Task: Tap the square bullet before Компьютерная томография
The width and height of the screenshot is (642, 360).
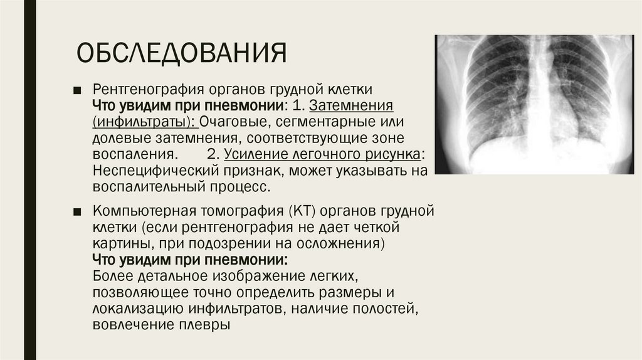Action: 76,210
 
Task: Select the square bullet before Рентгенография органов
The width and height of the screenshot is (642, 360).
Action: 76,88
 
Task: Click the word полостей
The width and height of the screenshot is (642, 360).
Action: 382,308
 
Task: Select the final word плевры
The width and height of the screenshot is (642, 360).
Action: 209,325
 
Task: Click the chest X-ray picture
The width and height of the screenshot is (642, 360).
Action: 534,104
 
